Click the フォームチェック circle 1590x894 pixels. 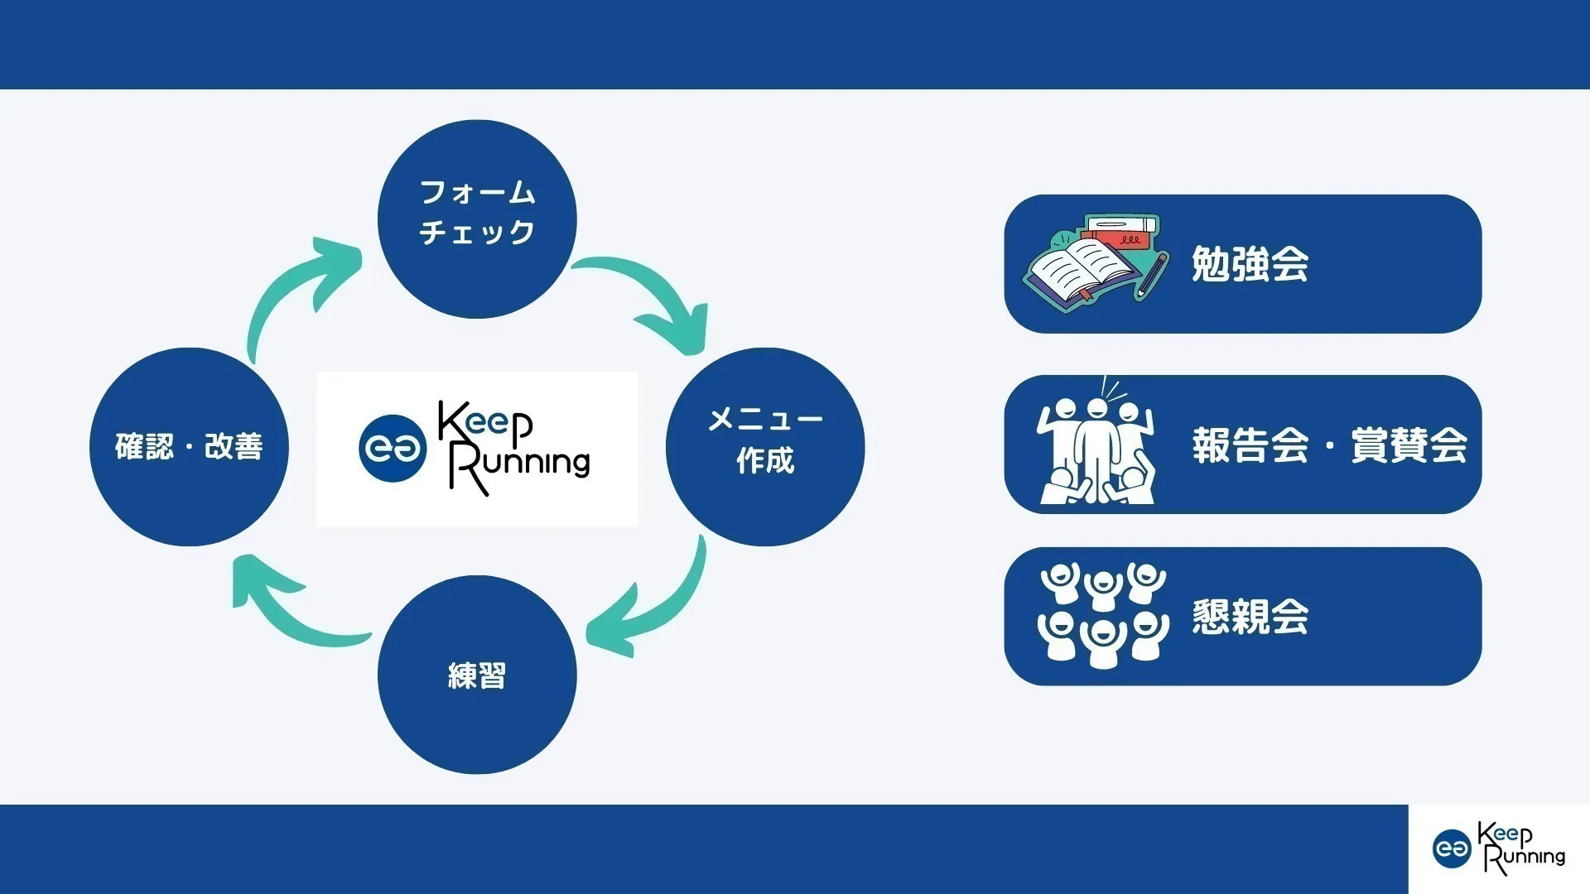[x=477, y=219]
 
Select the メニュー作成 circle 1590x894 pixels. [x=764, y=446]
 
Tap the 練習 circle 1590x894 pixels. [x=477, y=675]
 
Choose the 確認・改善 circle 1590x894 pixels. [x=189, y=446]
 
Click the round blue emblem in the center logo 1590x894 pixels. [x=393, y=448]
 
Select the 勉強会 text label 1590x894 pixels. [x=1250, y=264]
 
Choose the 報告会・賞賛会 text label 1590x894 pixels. [x=1329, y=445]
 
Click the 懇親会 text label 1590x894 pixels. [x=1250, y=617]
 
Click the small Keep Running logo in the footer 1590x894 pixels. [x=1499, y=848]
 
